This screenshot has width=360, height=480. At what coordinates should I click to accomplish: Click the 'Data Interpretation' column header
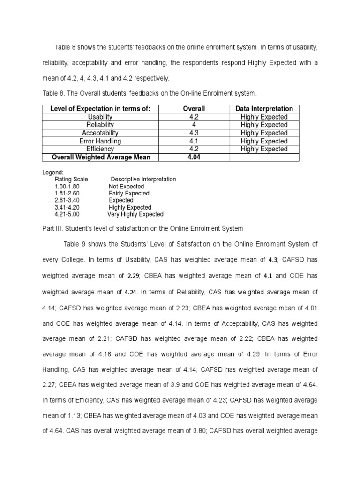(x=264, y=109)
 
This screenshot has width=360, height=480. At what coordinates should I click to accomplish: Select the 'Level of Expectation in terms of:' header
(x=100, y=109)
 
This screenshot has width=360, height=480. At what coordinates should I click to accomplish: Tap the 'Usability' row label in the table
(x=100, y=117)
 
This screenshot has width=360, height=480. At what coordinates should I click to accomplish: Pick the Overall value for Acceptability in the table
(x=194, y=133)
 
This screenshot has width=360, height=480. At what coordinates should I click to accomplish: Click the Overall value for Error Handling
(x=194, y=141)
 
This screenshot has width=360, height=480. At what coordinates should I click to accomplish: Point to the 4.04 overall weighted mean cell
(x=194, y=157)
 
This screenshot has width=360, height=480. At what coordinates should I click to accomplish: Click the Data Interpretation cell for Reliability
(x=264, y=125)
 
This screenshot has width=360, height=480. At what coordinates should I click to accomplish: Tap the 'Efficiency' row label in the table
(x=100, y=149)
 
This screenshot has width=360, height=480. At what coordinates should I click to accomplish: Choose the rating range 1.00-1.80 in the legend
(x=67, y=187)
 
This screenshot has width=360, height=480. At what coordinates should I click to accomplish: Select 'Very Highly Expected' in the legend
(x=135, y=214)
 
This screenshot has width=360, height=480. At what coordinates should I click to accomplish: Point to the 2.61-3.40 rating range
(x=67, y=200)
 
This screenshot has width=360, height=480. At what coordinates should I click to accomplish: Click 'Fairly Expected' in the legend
(x=129, y=193)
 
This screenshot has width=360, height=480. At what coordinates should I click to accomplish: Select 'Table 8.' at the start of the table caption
(x=53, y=94)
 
